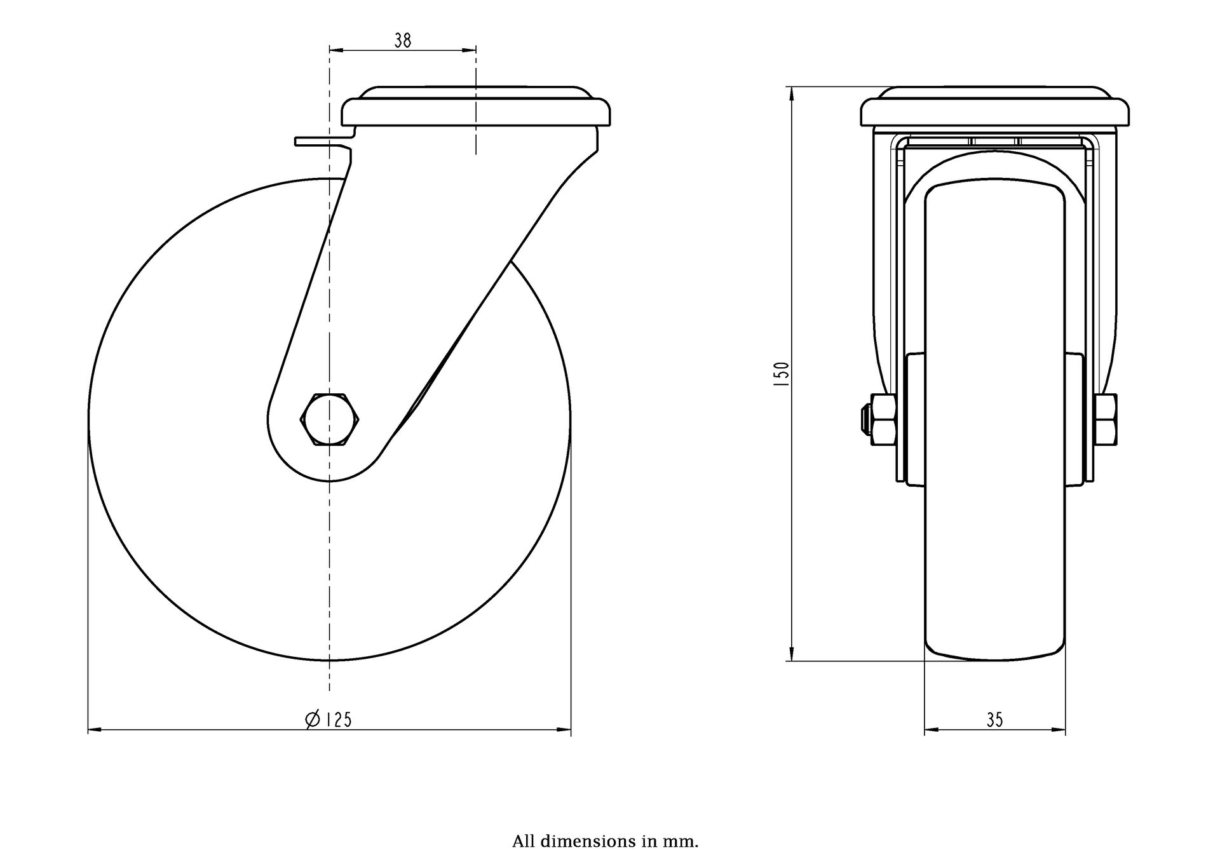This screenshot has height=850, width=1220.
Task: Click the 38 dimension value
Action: pyautogui.click(x=403, y=41)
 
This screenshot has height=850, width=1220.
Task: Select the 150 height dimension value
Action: pyautogui.click(x=782, y=375)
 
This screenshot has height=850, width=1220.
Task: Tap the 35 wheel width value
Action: pyautogui.click(x=995, y=720)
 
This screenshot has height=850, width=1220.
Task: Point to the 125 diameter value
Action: pyautogui.click(x=338, y=720)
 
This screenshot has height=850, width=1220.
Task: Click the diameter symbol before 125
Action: pyautogui.click(x=312, y=720)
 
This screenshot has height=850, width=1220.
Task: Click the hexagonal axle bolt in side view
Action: pyautogui.click(x=330, y=419)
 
